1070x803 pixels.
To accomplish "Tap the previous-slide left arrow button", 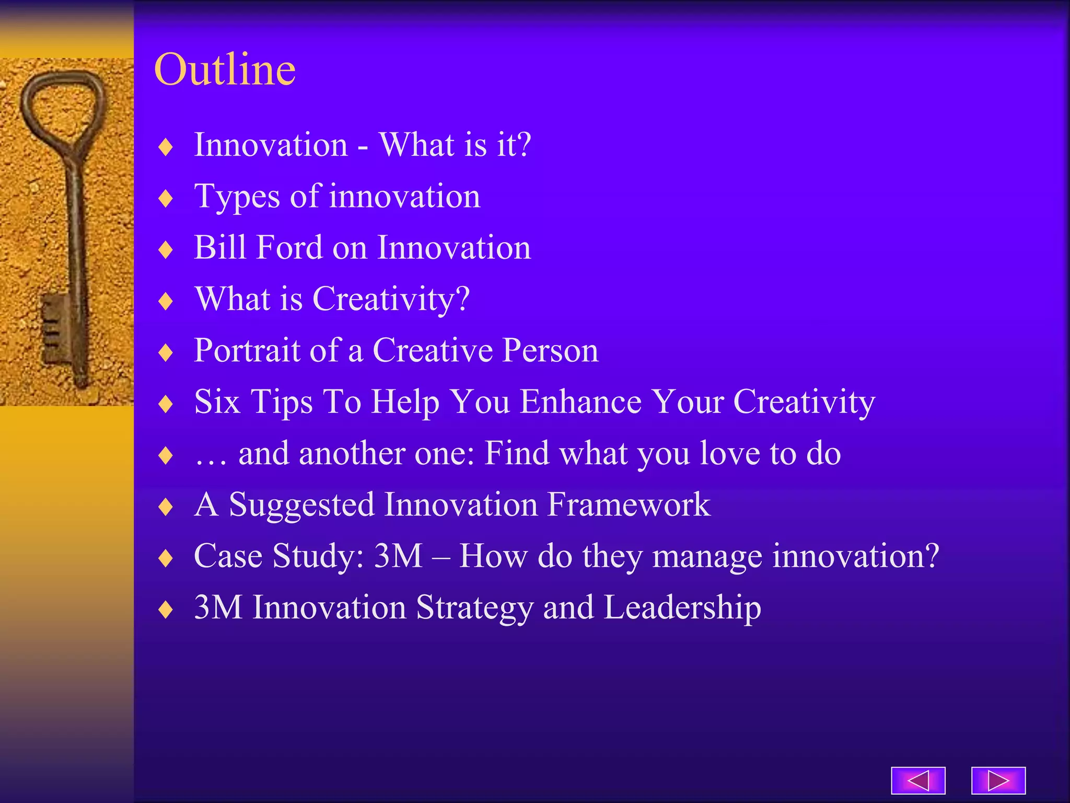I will coord(918,781).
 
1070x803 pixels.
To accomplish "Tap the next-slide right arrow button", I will coord(998,781).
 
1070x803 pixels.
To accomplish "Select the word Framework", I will coord(629,504).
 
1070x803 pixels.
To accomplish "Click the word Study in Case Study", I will coord(318,556).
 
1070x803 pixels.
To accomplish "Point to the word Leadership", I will coord(682,607).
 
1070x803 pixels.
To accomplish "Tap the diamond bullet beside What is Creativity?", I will coord(166,301).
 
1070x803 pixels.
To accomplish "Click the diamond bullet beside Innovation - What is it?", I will coord(166,147).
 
